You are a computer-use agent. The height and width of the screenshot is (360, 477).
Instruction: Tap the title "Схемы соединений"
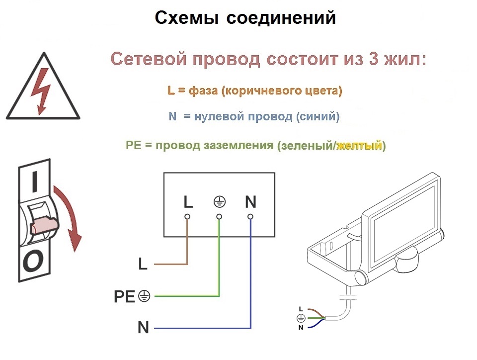tap(245, 17)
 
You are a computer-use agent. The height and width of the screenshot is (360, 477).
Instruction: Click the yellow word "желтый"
tap(359, 146)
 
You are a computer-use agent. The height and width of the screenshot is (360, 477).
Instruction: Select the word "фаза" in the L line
tap(203, 90)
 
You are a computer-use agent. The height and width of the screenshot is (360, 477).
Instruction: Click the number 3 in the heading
tap(374, 59)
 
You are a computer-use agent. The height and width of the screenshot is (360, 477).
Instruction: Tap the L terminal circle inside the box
tap(187, 217)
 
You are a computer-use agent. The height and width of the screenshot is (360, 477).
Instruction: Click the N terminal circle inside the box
tap(250, 217)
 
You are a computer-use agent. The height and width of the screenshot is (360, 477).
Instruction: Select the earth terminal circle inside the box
tap(219, 217)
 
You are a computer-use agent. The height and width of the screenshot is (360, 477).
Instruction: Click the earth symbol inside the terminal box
tap(219, 202)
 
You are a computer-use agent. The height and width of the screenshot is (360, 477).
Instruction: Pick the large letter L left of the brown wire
tap(143, 264)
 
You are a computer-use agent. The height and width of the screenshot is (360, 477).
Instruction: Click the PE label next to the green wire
tap(124, 296)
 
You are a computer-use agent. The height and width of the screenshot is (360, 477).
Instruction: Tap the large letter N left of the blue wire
tap(143, 328)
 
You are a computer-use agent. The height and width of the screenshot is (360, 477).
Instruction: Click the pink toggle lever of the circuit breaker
tap(44, 225)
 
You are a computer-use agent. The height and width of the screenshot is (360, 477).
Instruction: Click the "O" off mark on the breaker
tap(33, 262)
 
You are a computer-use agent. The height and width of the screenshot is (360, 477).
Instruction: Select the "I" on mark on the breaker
tap(35, 182)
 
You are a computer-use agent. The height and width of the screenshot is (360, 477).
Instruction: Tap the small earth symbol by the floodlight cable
tap(301, 318)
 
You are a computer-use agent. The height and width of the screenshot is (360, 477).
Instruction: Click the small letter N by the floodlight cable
tap(301, 328)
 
